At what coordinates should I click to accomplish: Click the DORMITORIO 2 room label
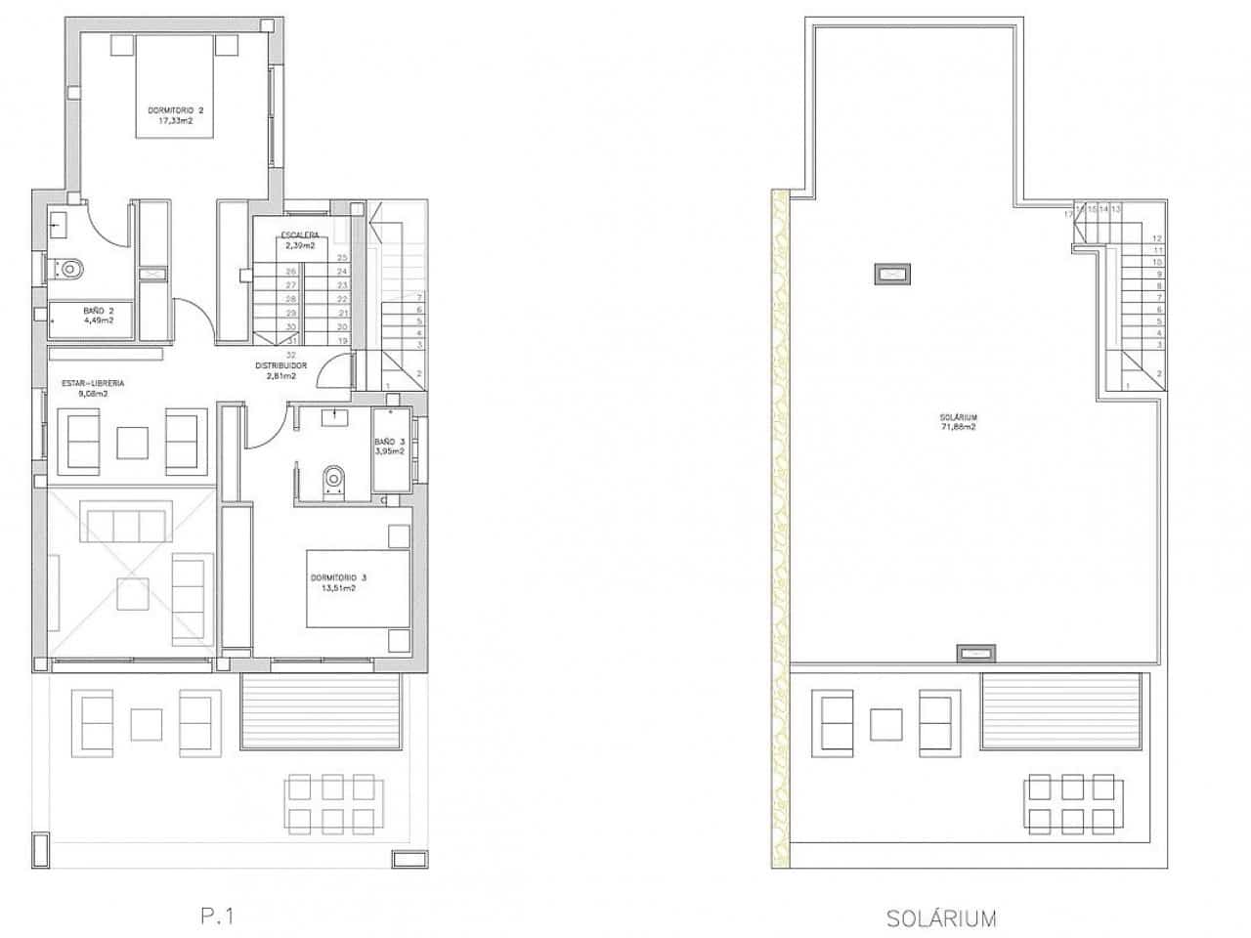tap(176, 110)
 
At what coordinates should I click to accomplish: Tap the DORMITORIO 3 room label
tap(337, 577)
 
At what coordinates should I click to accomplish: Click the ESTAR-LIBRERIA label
tap(93, 383)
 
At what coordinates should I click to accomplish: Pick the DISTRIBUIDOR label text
tap(281, 365)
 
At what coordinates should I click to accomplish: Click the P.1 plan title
tap(218, 916)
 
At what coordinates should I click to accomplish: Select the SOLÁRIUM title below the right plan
tap(941, 917)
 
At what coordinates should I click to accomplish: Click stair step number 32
tap(291, 355)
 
